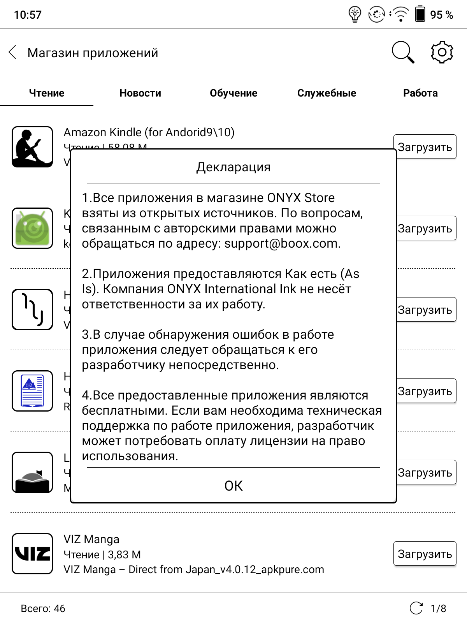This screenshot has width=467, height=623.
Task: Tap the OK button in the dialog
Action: [233, 486]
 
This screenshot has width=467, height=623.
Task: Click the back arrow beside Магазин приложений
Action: [13, 52]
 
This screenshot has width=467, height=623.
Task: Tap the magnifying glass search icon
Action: [403, 52]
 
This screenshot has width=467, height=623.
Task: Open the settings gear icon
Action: [442, 52]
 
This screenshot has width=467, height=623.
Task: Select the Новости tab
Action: [140, 93]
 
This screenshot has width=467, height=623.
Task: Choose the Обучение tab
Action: [233, 93]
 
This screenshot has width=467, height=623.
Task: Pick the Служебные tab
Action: [327, 93]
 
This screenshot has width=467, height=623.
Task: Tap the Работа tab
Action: [420, 93]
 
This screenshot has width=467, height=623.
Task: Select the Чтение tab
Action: [47, 93]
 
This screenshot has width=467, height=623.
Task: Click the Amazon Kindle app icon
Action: [32, 147]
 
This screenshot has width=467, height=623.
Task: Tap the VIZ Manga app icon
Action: [32, 553]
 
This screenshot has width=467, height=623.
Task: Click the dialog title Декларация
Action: [233, 167]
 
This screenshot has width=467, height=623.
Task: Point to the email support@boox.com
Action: [282, 243]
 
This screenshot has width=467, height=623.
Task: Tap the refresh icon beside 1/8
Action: [416, 608]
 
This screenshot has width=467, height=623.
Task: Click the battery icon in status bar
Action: [420, 14]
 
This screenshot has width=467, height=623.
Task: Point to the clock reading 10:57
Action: [28, 15]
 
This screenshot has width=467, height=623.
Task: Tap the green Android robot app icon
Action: [32, 228]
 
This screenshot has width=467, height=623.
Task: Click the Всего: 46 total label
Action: [43, 608]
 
